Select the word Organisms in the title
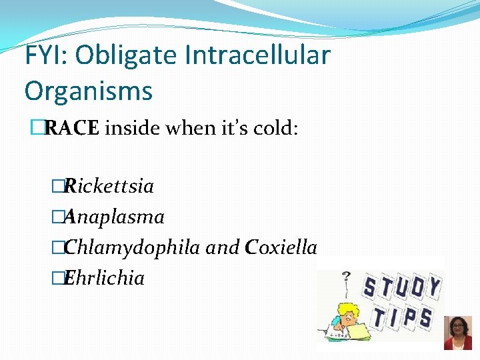click(89, 91)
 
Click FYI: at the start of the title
click(47, 55)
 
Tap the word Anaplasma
click(114, 217)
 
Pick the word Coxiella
click(281, 247)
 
